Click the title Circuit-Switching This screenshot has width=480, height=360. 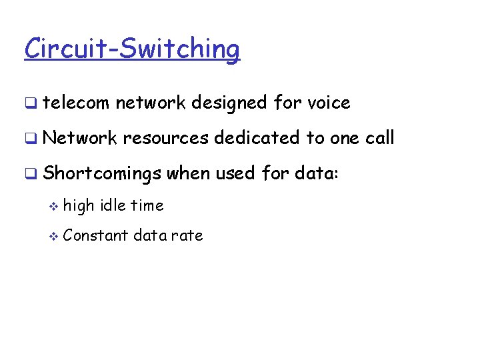pyautogui.click(x=131, y=49)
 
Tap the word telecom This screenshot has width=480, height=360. pyautogui.click(x=75, y=103)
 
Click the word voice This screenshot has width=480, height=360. pyautogui.click(x=329, y=103)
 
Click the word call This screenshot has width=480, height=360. pyautogui.click(x=380, y=138)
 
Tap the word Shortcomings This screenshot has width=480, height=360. pyautogui.click(x=102, y=174)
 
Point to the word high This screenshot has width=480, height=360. pyautogui.click(x=79, y=206)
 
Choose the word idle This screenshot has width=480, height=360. pyautogui.click(x=113, y=205)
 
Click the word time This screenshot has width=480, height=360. pyautogui.click(x=147, y=205)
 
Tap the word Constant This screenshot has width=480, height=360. pyautogui.click(x=95, y=235)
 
